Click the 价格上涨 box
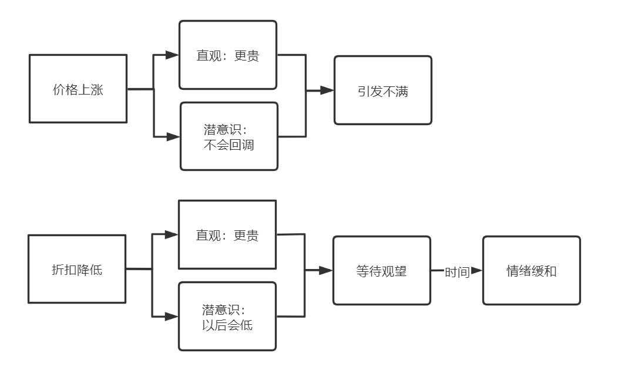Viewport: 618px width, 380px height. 78,89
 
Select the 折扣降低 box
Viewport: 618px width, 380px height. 78,269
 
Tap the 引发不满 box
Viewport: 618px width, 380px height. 382,90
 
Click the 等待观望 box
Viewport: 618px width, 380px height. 381,270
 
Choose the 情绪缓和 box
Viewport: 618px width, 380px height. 531,270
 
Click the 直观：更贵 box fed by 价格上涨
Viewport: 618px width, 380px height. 227,55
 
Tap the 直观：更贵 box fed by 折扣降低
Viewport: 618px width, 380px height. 227,234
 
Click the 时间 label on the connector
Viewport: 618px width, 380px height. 456,271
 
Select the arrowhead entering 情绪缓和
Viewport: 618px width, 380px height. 476,270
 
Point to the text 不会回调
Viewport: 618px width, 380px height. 228,145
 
